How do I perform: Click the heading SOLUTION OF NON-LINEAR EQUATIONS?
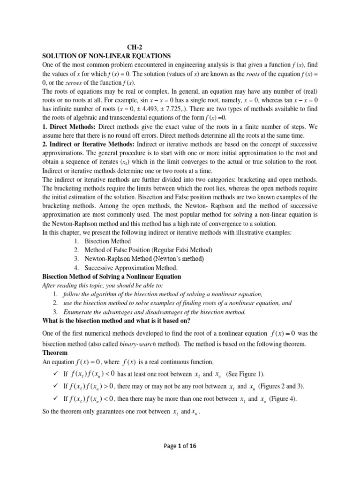(106, 55)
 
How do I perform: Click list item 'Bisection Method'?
(108, 241)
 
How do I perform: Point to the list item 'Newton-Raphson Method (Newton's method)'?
(144, 259)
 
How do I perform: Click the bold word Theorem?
(55, 352)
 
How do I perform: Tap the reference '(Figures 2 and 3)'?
(277, 387)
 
